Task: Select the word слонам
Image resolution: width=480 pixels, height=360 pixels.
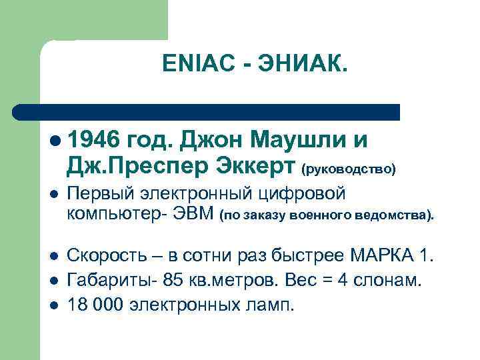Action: tap(393, 280)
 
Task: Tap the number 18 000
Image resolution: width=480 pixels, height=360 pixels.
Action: tap(95, 305)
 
